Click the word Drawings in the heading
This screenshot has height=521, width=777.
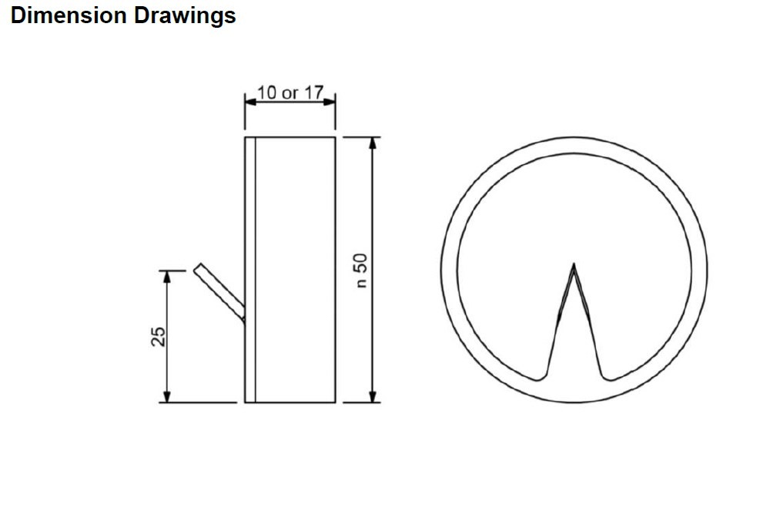point(184,16)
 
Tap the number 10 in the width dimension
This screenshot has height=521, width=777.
point(267,92)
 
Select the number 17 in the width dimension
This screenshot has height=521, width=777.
point(313,92)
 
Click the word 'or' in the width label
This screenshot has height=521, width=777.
point(290,94)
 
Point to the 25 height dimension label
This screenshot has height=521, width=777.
point(159,336)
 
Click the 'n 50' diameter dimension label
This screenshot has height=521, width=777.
point(362,271)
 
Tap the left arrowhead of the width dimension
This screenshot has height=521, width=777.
point(251,102)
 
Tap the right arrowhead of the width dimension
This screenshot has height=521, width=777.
point(330,102)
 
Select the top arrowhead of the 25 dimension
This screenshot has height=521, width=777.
point(167,277)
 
